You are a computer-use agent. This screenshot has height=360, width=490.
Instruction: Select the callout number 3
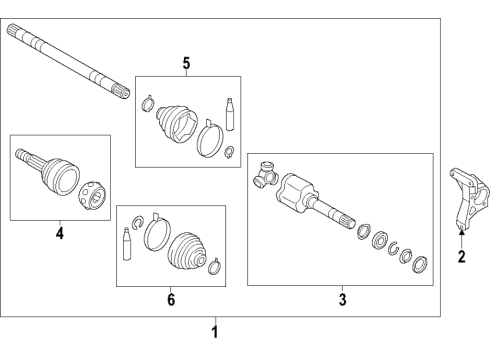(x=341, y=297)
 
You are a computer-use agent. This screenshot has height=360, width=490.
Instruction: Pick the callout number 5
(x=185, y=64)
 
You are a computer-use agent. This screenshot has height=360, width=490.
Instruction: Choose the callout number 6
(x=170, y=298)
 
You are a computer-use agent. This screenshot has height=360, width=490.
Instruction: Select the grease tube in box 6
(x=127, y=246)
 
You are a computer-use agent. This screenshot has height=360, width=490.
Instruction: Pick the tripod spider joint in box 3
(x=264, y=175)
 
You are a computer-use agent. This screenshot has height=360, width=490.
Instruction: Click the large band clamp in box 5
(x=210, y=136)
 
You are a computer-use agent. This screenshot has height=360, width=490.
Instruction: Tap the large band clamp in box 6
(x=156, y=235)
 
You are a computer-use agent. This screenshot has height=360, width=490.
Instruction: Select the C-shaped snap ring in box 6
(x=132, y=218)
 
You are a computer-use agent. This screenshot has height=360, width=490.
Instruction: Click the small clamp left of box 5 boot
(x=147, y=101)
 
